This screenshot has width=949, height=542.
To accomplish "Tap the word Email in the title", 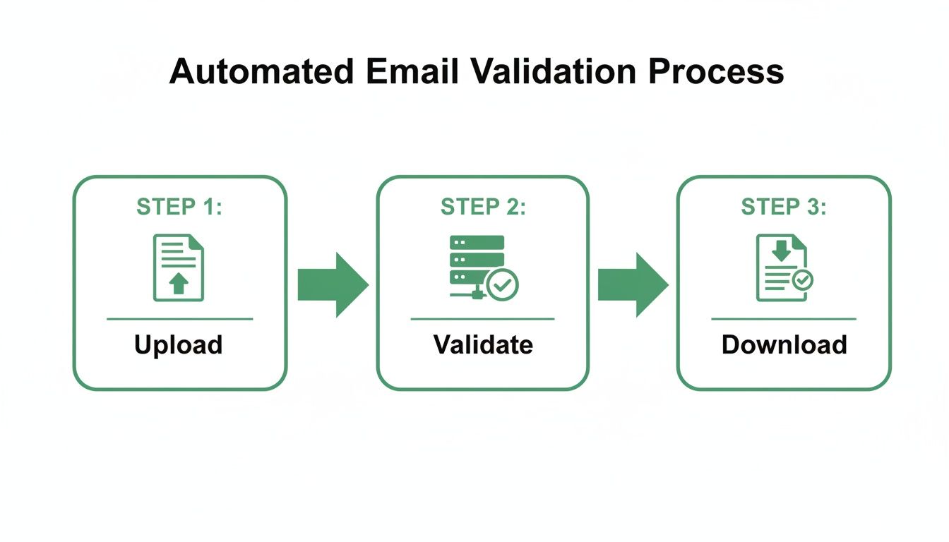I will click(399, 72).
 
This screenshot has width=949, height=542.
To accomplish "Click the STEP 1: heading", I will click(179, 207).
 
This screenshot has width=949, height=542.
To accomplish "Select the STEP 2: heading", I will click(483, 207).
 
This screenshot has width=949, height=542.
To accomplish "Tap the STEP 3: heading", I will click(784, 207).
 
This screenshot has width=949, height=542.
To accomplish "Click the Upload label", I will click(179, 345).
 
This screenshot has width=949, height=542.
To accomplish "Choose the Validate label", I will click(483, 345).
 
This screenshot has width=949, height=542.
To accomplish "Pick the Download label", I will click(784, 345).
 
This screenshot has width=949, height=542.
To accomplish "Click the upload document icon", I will click(179, 268).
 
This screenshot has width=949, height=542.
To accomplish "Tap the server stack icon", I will click(477, 265).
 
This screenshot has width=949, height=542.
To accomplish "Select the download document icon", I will click(781, 268).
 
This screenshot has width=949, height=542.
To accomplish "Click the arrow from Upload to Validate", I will click(333, 284).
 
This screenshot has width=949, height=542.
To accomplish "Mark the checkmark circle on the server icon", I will click(503, 285).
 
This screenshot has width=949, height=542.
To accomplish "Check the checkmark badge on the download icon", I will click(802, 280).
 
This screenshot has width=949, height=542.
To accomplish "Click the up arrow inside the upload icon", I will click(179, 284).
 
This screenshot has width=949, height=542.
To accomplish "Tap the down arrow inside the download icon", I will click(780, 249).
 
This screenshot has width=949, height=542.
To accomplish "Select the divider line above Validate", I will click(483, 319).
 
